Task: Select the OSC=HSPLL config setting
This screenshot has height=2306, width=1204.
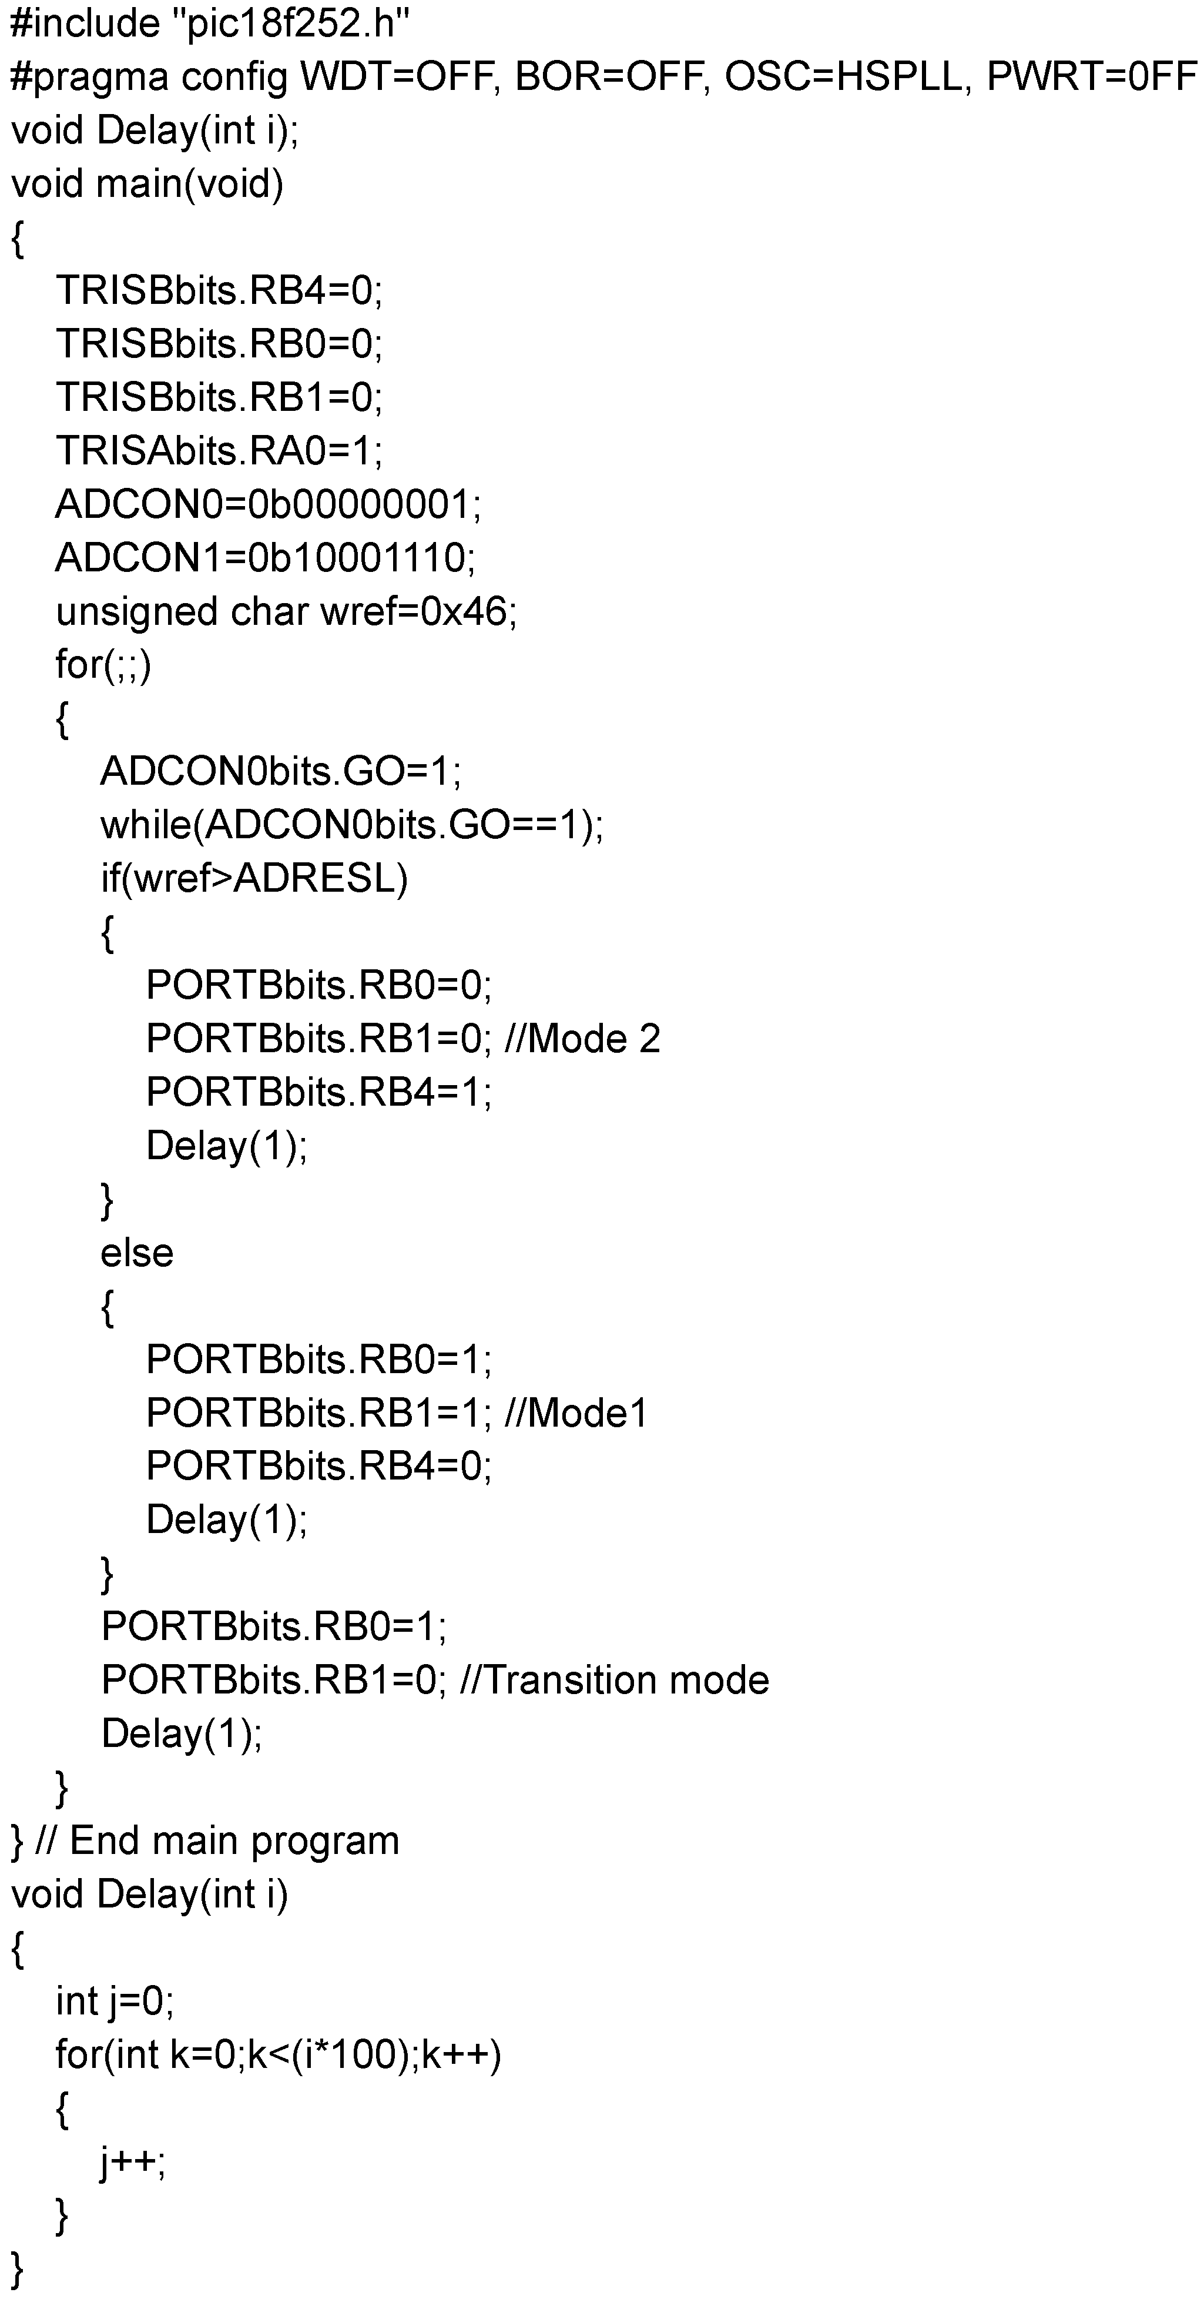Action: pos(846,77)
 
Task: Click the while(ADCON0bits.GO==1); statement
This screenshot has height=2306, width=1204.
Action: pos(352,825)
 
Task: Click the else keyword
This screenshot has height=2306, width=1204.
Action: pos(136,1253)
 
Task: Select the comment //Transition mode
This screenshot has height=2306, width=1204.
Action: pos(614,1680)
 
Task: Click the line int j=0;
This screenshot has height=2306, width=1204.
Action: pos(115,2002)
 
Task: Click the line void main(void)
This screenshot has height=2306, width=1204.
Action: pos(147,183)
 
